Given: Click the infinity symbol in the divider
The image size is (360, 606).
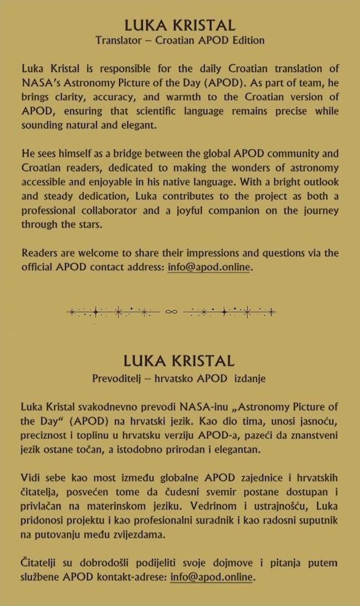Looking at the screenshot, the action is (x=172, y=312).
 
